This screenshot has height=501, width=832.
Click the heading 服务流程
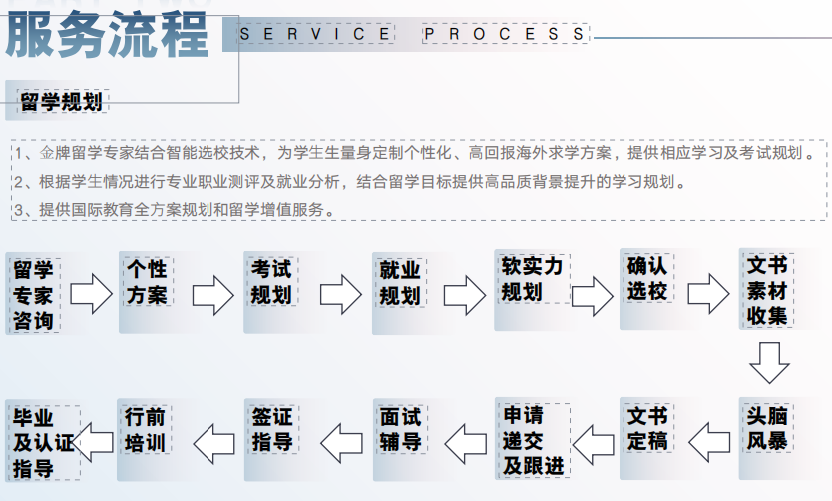point(106,35)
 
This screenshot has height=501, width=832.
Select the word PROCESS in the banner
point(505,34)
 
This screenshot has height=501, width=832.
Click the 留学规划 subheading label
point(62,102)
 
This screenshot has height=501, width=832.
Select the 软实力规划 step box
point(532,290)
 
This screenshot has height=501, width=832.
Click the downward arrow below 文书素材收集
point(769,363)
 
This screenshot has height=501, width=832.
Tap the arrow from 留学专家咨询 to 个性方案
point(91,294)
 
